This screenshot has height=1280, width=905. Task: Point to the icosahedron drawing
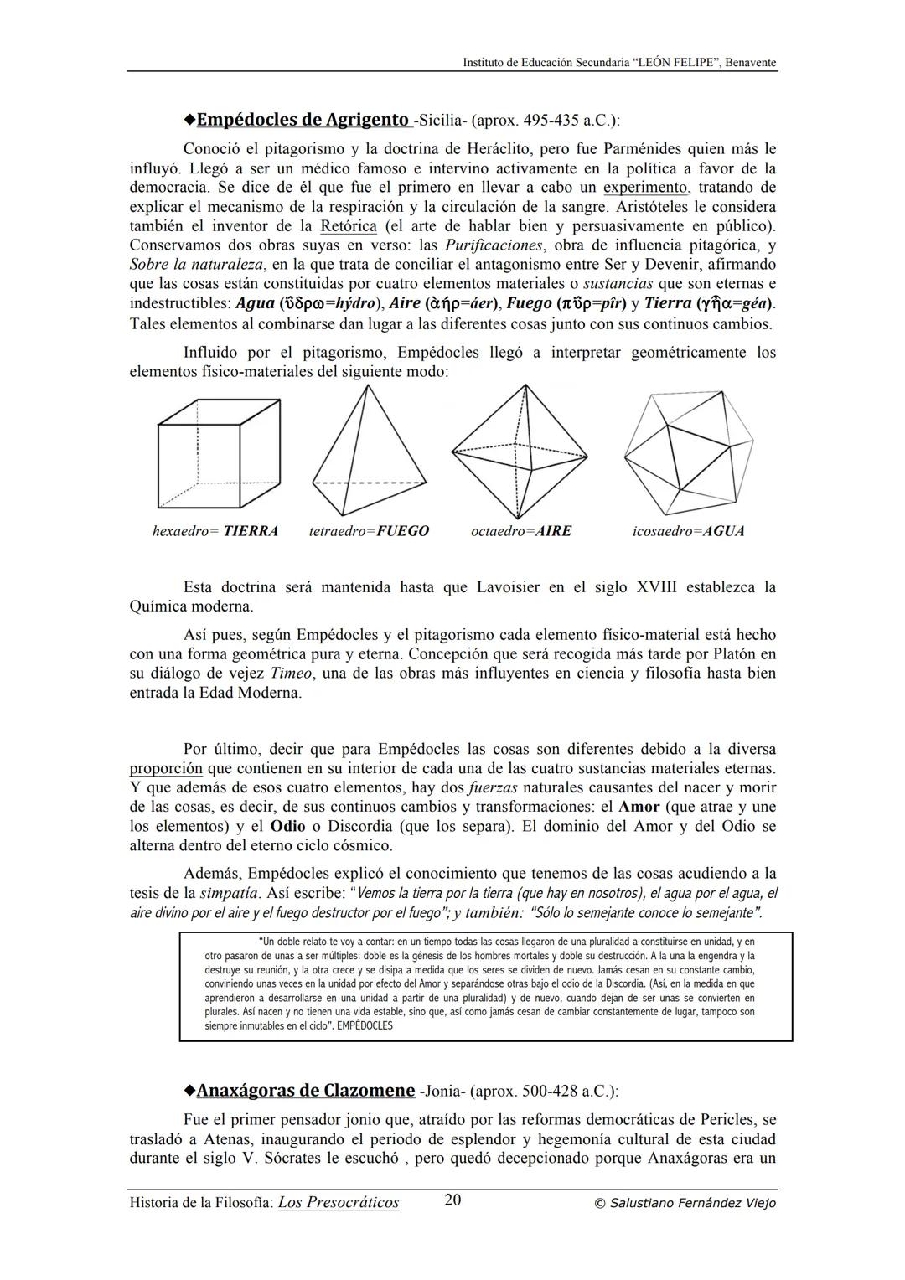[688, 453]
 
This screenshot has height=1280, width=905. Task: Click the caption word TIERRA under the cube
[251, 531]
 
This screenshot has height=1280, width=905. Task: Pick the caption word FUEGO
[402, 531]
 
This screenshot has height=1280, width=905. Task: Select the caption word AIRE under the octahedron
[553, 531]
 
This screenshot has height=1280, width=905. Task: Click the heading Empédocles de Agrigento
[303, 120]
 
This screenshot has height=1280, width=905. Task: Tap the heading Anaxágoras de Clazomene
[305, 1091]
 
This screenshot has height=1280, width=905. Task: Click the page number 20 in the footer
[452, 1200]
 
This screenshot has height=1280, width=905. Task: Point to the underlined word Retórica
[349, 226]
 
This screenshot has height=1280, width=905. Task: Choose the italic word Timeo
[291, 674]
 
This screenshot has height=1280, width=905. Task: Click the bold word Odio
[287, 827]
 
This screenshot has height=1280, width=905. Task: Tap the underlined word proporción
[166, 768]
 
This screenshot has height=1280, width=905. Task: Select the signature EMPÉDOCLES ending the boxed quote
[365, 1025]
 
